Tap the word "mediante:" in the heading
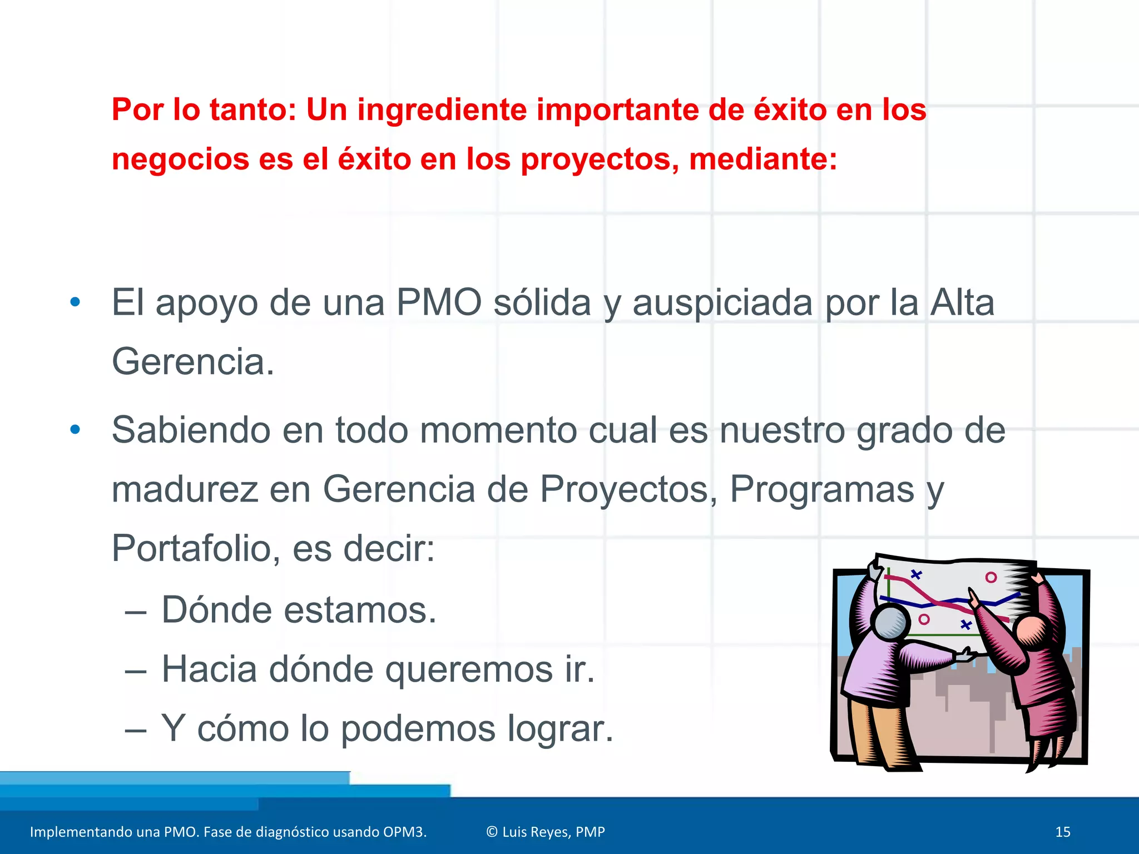[762, 160]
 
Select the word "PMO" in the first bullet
[439, 303]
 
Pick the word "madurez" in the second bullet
[185, 490]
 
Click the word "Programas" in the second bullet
[822, 490]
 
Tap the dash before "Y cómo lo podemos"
[136, 729]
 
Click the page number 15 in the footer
[1062, 832]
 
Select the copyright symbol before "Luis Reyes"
[492, 832]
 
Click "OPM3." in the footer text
[404, 832]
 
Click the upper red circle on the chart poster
[991, 577]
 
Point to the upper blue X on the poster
[916, 574]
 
